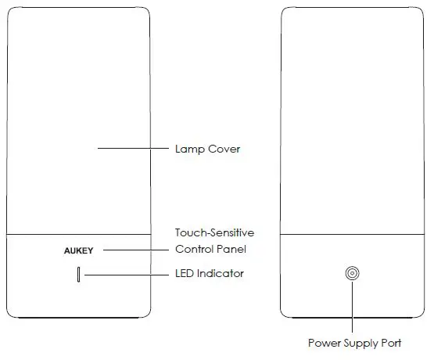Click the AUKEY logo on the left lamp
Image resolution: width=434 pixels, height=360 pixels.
(x=79, y=250)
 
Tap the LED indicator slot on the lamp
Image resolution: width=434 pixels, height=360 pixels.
(x=78, y=275)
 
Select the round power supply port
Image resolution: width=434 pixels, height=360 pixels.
(x=353, y=274)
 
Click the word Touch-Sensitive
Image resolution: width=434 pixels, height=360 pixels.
(x=213, y=232)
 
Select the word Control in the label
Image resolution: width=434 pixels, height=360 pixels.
(x=195, y=250)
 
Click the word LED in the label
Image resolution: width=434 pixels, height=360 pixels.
(x=185, y=274)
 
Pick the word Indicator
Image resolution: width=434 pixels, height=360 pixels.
(x=221, y=274)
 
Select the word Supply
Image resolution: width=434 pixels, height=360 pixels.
(x=361, y=343)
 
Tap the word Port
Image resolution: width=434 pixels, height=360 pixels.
(x=392, y=343)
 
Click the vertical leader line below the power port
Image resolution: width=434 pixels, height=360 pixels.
(x=353, y=309)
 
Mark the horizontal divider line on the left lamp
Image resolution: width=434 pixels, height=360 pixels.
(x=78, y=233)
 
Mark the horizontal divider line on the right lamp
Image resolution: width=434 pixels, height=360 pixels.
(x=353, y=233)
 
